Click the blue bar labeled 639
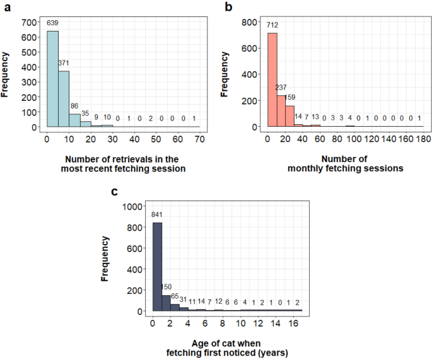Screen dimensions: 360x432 [52, 79]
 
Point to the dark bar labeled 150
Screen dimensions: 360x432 [166, 303]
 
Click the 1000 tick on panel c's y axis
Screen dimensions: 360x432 [134, 206]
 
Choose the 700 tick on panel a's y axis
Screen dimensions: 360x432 [30, 21]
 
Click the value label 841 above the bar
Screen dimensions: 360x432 [158, 215]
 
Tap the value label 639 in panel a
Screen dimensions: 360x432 [52, 23]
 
